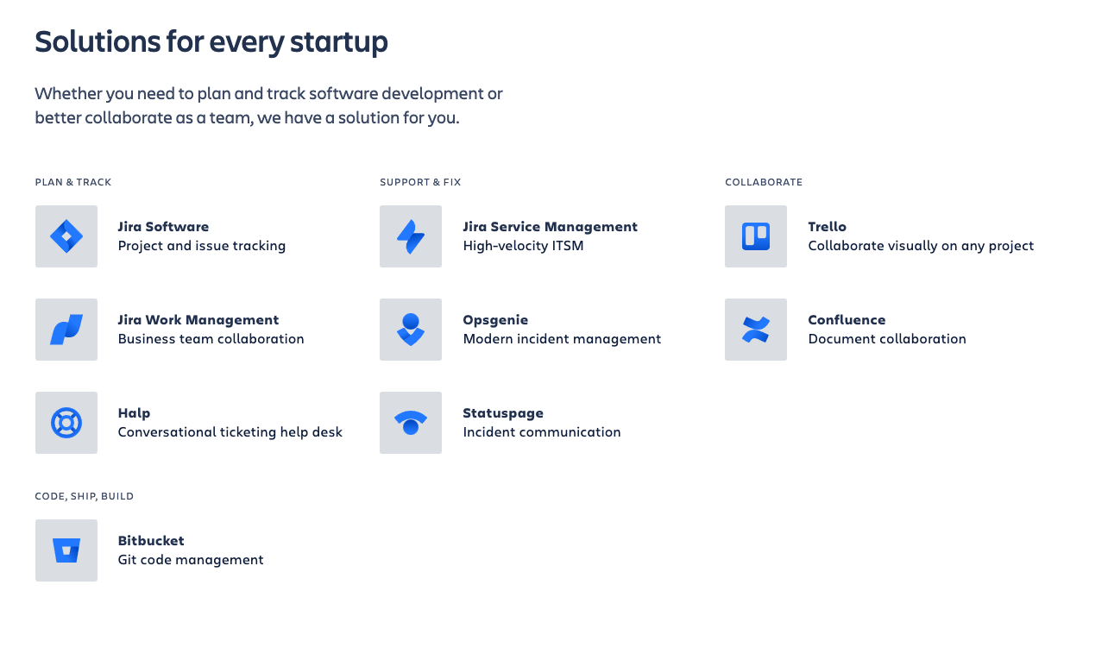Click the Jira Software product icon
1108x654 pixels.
pos(66,236)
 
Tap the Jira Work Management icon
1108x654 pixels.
pos(66,330)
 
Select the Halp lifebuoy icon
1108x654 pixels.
pos(66,423)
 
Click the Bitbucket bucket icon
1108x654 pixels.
pos(66,550)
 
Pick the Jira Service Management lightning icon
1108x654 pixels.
pos(411,236)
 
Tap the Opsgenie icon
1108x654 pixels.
pos(411,330)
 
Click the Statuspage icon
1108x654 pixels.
pos(411,423)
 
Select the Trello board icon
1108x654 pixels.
pos(756,236)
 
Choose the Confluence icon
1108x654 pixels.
pos(756,330)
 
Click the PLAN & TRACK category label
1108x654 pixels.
pos(73,182)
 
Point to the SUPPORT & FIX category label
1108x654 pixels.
pos(420,182)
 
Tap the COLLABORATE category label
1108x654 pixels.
pos(764,182)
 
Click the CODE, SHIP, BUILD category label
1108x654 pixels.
pos(85,496)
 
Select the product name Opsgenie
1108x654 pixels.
pos(495,320)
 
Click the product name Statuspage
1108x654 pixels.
pos(503,413)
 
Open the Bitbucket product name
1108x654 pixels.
pos(151,541)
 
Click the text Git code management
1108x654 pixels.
pos(191,560)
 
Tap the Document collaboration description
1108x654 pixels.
pos(887,339)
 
